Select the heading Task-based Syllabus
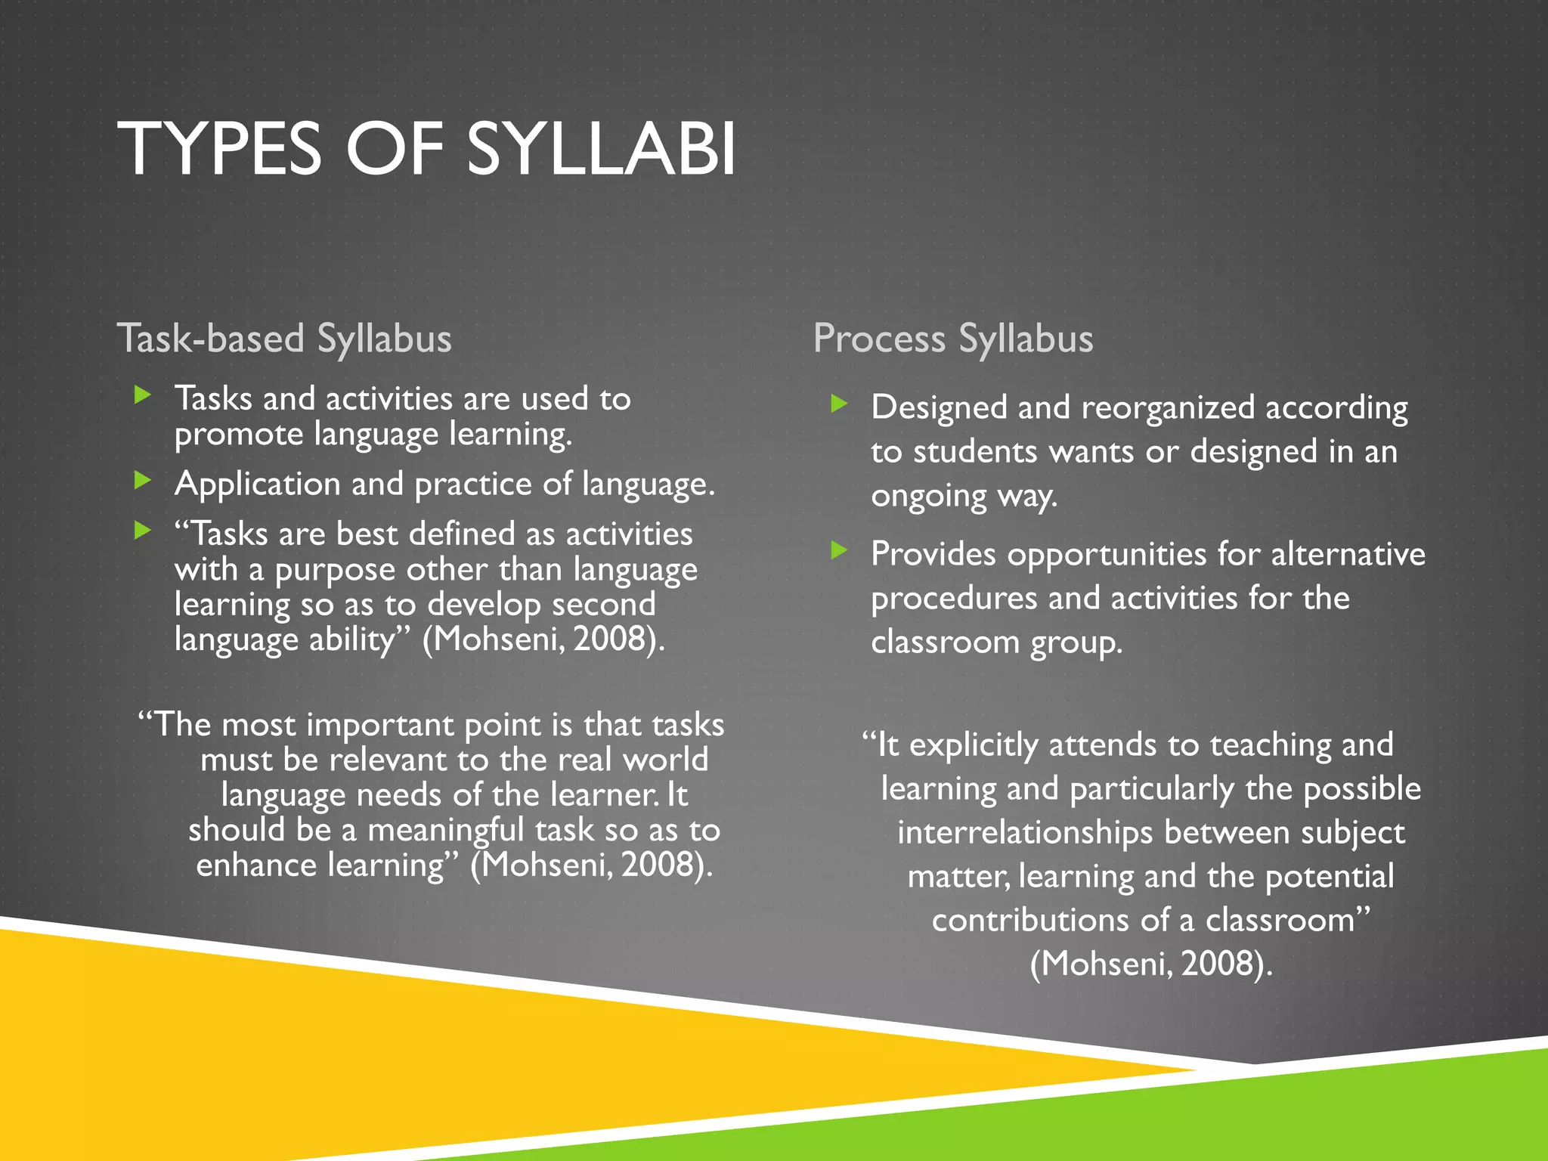[x=284, y=338]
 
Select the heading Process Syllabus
[x=952, y=338]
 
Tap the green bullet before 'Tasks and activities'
[x=142, y=394]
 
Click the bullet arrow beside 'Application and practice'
[x=142, y=480]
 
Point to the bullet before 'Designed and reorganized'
[x=839, y=404]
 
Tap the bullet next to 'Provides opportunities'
[x=839, y=550]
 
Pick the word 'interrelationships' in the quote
[x=1024, y=832]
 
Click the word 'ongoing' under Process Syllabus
[x=928, y=497]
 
